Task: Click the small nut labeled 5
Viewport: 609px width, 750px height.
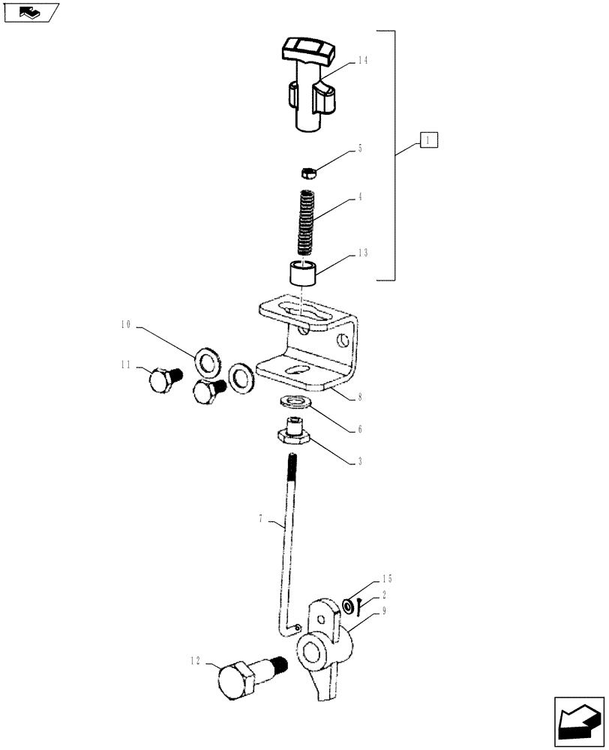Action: pos(307,174)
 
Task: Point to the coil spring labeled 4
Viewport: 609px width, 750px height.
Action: pos(305,222)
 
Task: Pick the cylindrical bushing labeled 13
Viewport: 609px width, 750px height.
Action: pos(303,274)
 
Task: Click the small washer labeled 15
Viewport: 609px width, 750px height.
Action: pos(349,604)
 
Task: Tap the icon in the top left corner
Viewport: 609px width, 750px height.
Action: pos(31,12)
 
